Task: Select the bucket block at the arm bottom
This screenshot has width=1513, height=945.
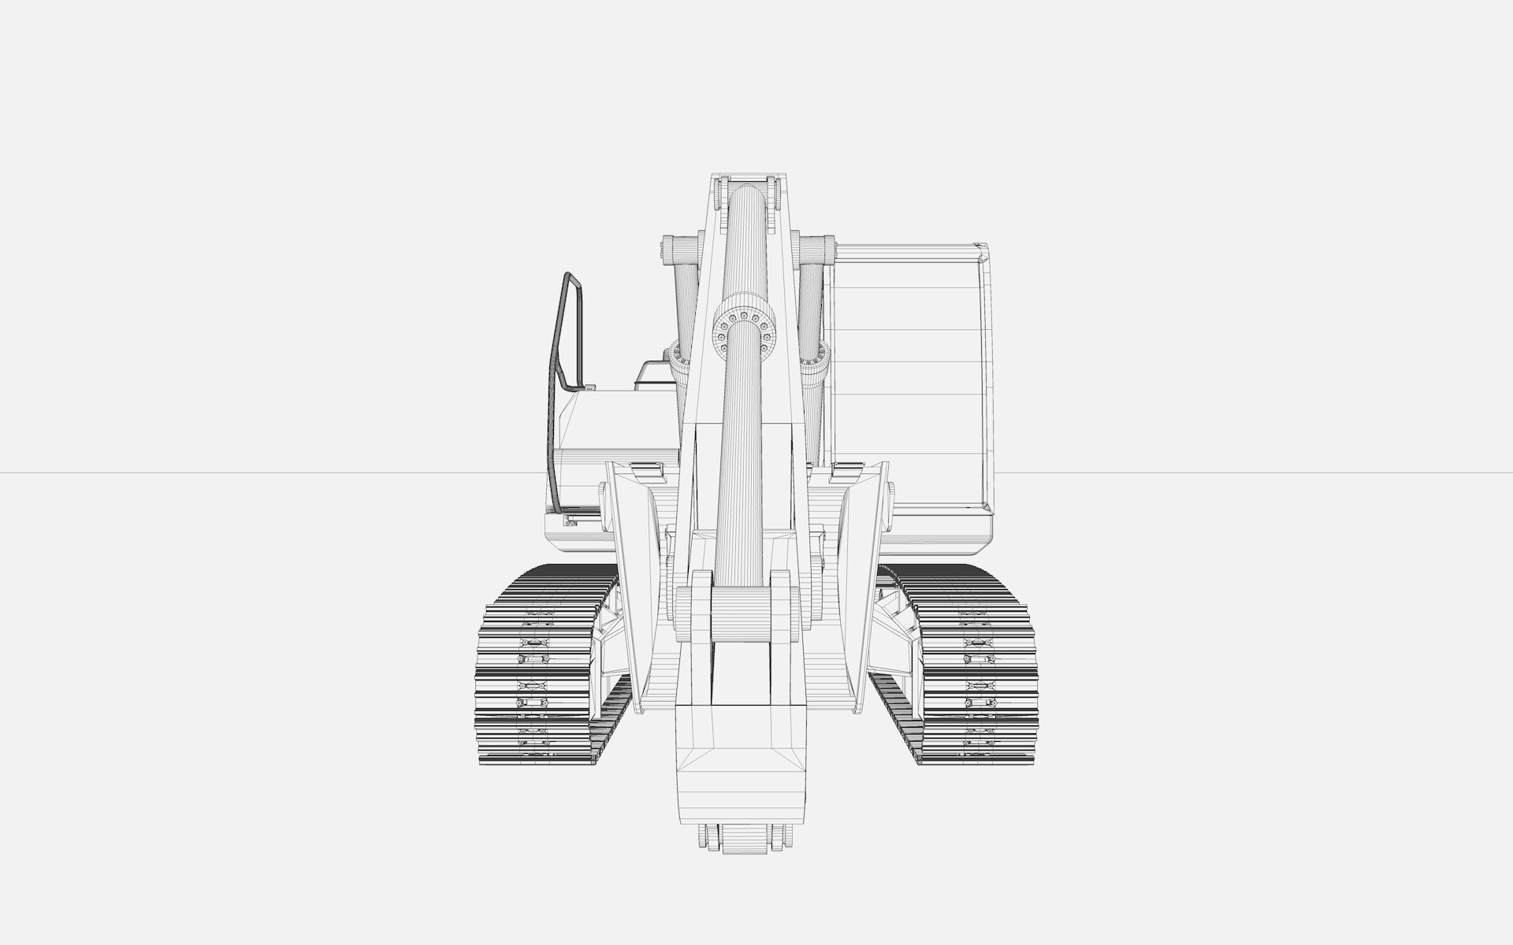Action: click(741, 756)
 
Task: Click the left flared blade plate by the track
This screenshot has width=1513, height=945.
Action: click(634, 583)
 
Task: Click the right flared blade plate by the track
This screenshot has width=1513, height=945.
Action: click(859, 583)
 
